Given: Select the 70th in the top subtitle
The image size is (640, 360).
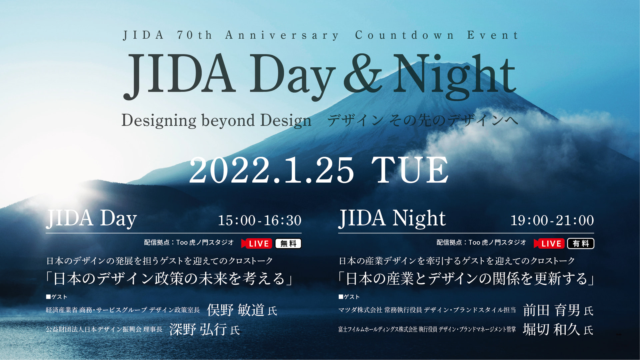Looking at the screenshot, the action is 194,35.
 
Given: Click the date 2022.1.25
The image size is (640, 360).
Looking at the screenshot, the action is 272,170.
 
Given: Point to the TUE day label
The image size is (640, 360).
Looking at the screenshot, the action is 410,170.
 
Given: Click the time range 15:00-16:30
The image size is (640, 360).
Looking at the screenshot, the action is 260,220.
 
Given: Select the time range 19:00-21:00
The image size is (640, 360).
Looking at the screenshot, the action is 552,220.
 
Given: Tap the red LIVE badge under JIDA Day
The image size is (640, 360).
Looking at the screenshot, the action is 257,243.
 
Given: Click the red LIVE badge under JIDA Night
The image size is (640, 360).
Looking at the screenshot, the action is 549,243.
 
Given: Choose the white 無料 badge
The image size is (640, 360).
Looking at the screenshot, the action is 288,244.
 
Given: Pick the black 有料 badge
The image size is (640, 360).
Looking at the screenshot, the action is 581,244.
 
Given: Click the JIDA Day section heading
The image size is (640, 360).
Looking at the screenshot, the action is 91,219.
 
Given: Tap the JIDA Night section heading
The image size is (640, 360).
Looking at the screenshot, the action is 392,219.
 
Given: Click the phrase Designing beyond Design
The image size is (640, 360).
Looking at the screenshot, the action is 216,121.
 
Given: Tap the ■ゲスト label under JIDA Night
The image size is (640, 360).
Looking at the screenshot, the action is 349,297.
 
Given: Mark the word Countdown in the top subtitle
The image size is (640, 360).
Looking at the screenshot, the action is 404,35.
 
